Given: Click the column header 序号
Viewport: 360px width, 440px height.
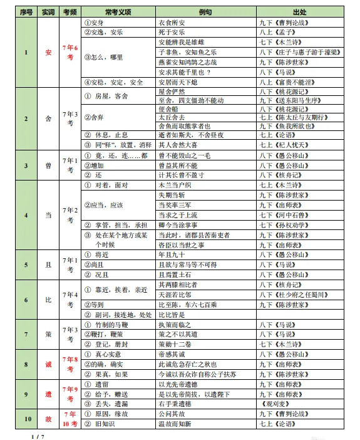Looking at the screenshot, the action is click(x=26, y=12).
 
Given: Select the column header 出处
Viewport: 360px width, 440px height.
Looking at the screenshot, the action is click(x=299, y=12).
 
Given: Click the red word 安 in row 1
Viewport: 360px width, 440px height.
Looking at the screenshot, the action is click(x=49, y=52).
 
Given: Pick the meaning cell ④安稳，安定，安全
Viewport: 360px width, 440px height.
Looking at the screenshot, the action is click(x=113, y=82).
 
